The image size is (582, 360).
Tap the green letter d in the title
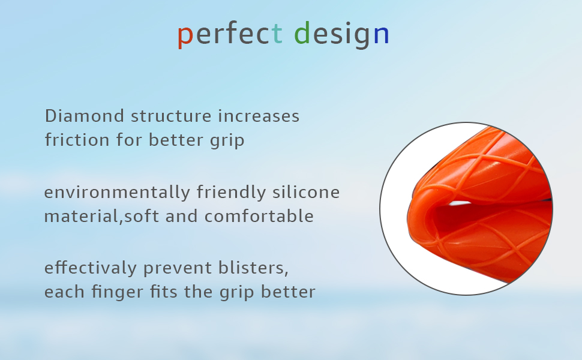click(302, 32)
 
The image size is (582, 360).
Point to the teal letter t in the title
click(277, 34)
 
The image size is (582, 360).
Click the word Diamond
click(85, 116)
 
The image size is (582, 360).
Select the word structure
click(171, 116)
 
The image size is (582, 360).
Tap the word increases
click(259, 116)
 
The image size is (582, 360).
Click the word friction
click(77, 140)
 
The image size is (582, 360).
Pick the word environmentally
click(117, 193)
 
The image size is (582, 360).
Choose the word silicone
click(306, 192)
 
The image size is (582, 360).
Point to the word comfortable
click(259, 216)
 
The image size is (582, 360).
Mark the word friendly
click(231, 193)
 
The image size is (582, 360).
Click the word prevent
click(178, 269)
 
